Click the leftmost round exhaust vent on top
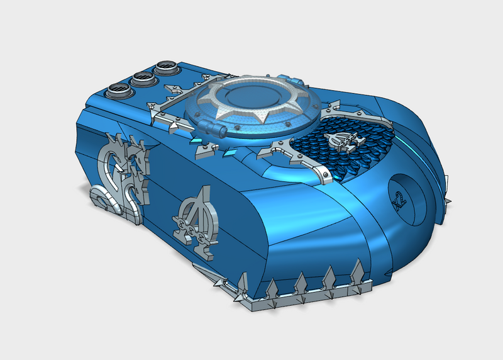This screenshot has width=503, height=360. coord(119,89)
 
